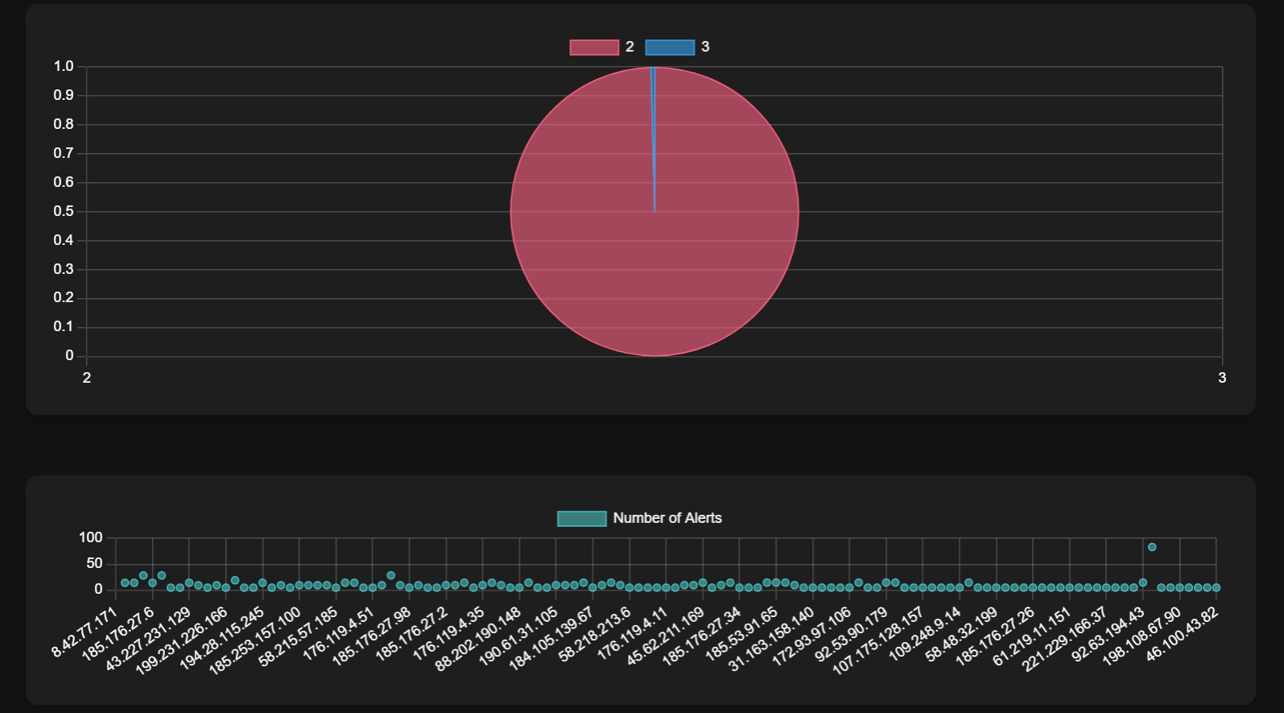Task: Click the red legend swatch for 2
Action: click(x=594, y=48)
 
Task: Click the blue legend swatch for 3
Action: click(x=670, y=48)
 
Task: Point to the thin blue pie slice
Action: click(x=653, y=137)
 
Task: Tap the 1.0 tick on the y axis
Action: click(x=64, y=66)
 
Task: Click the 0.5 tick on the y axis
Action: click(x=64, y=211)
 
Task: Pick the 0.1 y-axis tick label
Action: click(x=64, y=326)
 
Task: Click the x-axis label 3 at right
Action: click(x=1222, y=378)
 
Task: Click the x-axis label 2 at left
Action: click(x=87, y=378)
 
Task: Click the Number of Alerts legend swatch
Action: click(x=581, y=519)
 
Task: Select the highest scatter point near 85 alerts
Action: click(x=1152, y=547)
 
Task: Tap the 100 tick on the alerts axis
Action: click(x=91, y=537)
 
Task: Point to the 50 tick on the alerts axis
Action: click(x=94, y=563)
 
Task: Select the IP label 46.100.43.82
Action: click(x=1182, y=634)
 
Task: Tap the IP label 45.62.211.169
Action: click(x=665, y=637)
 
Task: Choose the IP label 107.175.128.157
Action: click(x=878, y=642)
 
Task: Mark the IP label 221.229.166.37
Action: click(x=1065, y=640)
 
